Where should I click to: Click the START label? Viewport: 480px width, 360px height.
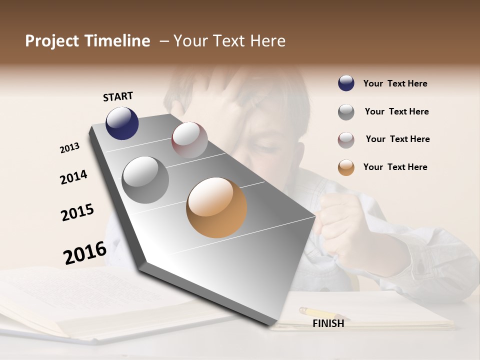tap(118, 96)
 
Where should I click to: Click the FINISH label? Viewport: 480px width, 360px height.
tap(328, 323)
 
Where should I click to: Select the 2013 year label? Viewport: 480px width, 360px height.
tap(69, 148)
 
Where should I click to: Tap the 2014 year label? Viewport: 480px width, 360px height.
tap(73, 177)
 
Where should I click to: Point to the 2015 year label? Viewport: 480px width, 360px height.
tap(77, 212)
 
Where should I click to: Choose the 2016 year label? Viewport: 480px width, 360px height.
tap(85, 252)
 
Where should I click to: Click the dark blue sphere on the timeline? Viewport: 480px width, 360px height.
tap(122, 123)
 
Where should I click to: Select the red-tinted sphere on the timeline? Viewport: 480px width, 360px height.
tap(189, 140)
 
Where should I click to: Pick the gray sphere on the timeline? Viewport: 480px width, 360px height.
tap(145, 179)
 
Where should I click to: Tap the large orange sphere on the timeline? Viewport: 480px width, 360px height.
tap(216, 207)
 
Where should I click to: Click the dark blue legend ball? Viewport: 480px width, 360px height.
tap(346, 83)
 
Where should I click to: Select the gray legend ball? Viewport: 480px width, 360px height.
tap(346, 112)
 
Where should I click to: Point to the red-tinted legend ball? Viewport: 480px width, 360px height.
tap(346, 140)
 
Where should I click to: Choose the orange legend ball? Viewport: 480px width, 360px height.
tap(346, 167)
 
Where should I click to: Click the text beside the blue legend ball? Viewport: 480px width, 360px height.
tap(395, 83)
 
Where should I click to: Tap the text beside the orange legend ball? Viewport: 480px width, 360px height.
tap(395, 167)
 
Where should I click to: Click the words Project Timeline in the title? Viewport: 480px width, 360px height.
tap(87, 41)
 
